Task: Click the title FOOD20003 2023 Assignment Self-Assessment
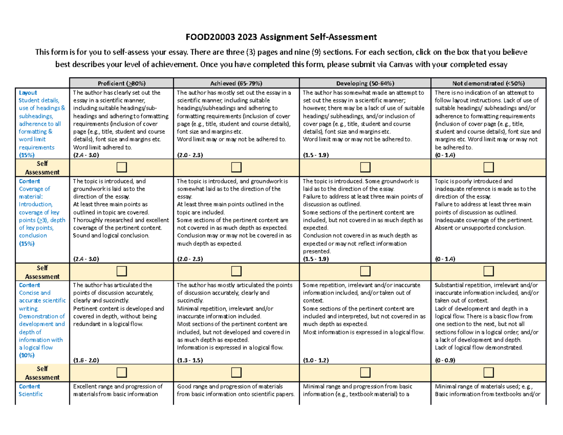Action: coord(281,37)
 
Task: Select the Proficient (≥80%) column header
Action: coord(121,83)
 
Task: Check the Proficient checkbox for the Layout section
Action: coord(122,167)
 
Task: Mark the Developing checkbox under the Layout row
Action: coord(365,167)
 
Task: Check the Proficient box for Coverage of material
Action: coord(122,271)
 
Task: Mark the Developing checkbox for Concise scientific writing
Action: coord(365,373)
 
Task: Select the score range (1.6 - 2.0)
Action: coord(86,360)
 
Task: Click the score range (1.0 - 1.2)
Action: coord(317,360)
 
